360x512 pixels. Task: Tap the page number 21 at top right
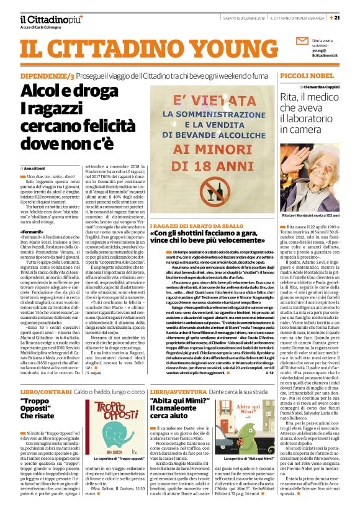click(x=353, y=17)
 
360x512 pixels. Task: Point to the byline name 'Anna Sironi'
click(x=35, y=168)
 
